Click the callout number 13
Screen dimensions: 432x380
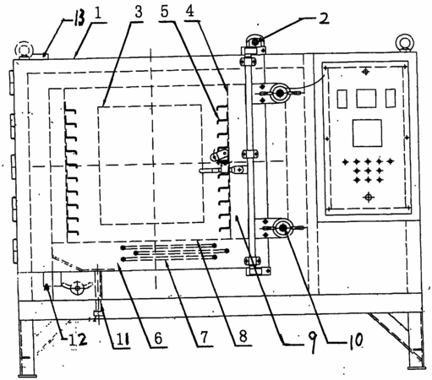(79, 19)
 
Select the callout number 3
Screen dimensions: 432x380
(139, 13)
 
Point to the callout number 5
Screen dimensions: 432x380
(165, 11)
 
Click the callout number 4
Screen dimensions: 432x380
(191, 11)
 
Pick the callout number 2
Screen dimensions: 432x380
(324, 19)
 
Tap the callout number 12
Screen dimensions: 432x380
(78, 339)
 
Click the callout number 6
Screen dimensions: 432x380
(159, 338)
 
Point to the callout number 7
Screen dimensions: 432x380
(204, 337)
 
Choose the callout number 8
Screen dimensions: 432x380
(243, 336)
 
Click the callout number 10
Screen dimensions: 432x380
(356, 341)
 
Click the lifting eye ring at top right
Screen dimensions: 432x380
(405, 42)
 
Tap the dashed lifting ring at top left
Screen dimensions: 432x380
(24, 51)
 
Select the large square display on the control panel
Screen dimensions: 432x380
(367, 133)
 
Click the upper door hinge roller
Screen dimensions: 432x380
(279, 92)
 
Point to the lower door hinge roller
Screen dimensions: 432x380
(282, 228)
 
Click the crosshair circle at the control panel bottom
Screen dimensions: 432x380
(368, 197)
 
